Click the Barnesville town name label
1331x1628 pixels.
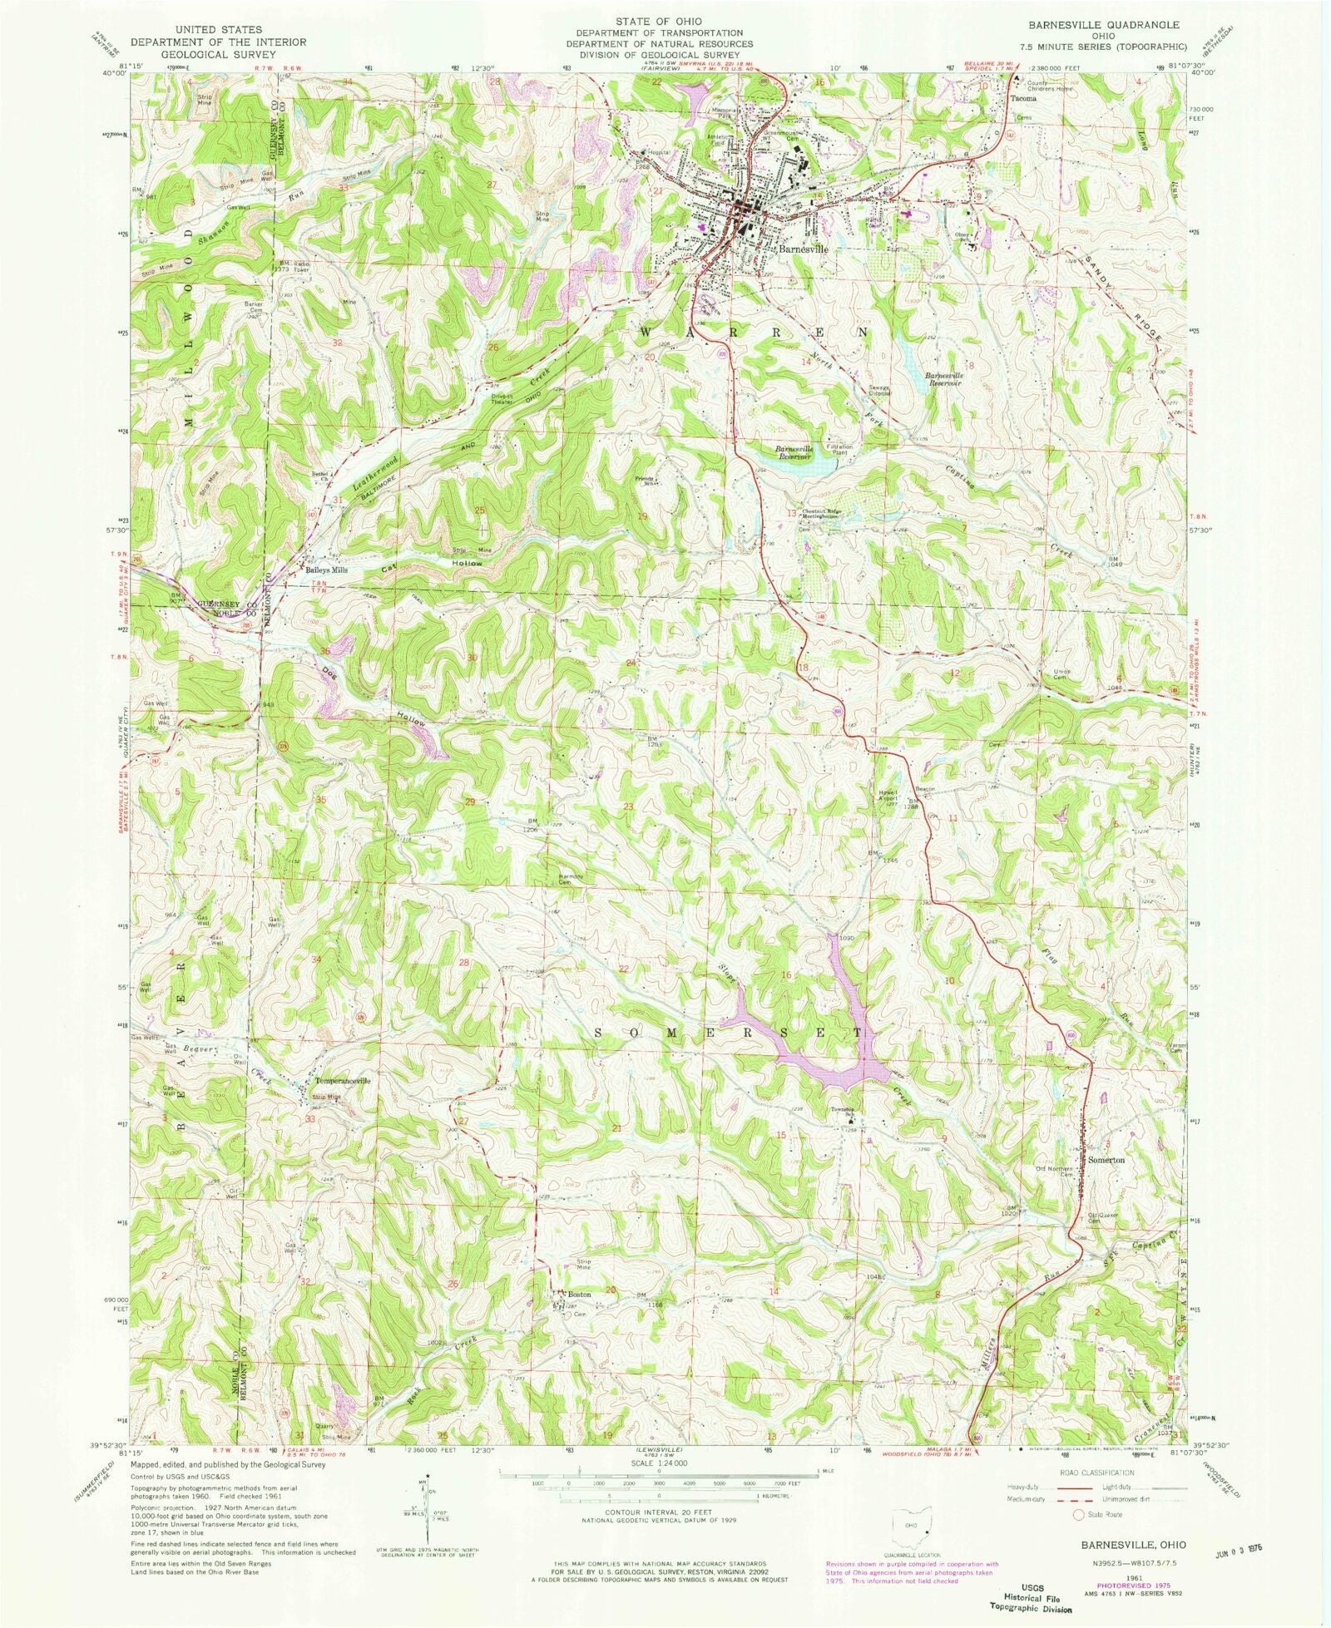click(x=803, y=248)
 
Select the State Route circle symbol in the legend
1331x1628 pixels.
click(x=1079, y=1513)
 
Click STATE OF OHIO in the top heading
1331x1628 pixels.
click(x=659, y=21)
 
